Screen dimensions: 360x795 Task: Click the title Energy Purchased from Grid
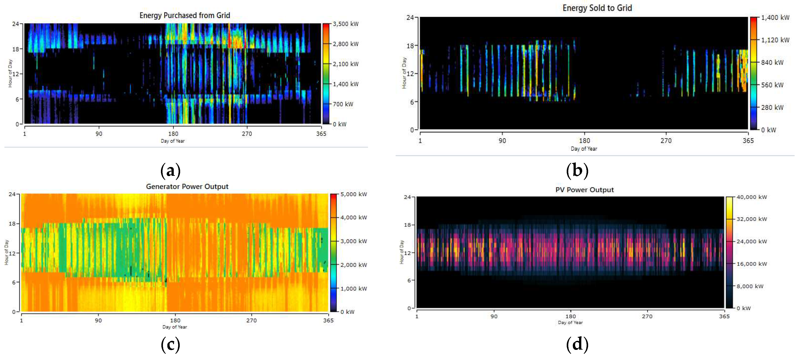click(185, 15)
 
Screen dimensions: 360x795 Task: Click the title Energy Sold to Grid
click(597, 8)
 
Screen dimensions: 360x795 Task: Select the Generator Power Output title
click(187, 186)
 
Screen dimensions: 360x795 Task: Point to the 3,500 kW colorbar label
click(345, 24)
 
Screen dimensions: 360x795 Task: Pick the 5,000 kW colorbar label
click(353, 194)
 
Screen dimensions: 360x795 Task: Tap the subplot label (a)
click(170, 170)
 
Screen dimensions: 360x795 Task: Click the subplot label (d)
click(577, 344)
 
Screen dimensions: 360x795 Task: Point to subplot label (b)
click(577, 170)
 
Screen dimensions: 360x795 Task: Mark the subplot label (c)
click(170, 344)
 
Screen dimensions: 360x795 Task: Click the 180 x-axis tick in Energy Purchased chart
click(173, 134)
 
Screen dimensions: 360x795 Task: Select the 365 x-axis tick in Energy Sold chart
click(748, 141)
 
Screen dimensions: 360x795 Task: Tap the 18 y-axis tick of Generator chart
click(12, 224)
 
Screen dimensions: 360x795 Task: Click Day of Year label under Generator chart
click(175, 327)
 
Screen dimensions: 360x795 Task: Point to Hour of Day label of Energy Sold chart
click(404, 73)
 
